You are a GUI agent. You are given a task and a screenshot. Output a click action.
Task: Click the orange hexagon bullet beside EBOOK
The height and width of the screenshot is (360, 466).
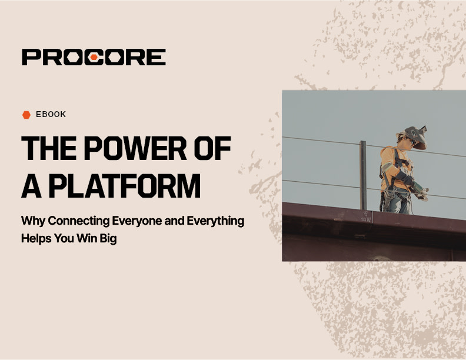point(26,115)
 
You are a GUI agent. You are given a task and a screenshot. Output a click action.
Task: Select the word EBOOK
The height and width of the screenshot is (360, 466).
point(51,115)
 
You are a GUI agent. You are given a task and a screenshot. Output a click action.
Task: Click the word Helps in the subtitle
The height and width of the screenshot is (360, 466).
point(36,239)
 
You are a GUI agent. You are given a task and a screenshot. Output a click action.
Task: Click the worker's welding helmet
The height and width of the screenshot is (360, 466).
point(415,136)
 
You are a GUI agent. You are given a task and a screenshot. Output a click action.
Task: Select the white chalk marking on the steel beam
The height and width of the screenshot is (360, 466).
point(365,219)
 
